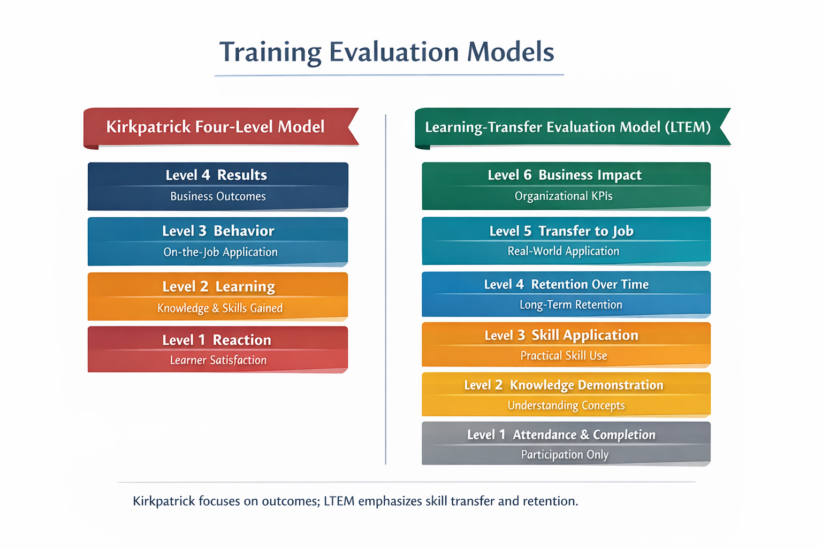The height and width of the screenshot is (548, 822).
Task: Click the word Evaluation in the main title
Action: [x=393, y=52]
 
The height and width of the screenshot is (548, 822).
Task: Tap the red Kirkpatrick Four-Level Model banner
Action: [x=215, y=127]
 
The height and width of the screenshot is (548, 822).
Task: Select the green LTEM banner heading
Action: [x=567, y=127]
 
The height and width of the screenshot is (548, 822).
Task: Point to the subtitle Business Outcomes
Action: [x=218, y=196]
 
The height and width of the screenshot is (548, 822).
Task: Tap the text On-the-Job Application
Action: [x=220, y=252]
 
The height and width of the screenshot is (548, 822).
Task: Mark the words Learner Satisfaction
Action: [x=218, y=361]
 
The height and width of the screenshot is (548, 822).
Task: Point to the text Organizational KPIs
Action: [x=564, y=196]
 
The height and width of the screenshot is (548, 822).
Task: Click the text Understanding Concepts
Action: [x=566, y=406]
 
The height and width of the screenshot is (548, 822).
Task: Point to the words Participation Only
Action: [x=565, y=455]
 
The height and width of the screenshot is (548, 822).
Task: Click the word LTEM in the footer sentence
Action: [x=339, y=501]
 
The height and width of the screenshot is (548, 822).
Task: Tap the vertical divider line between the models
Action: [x=385, y=289]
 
